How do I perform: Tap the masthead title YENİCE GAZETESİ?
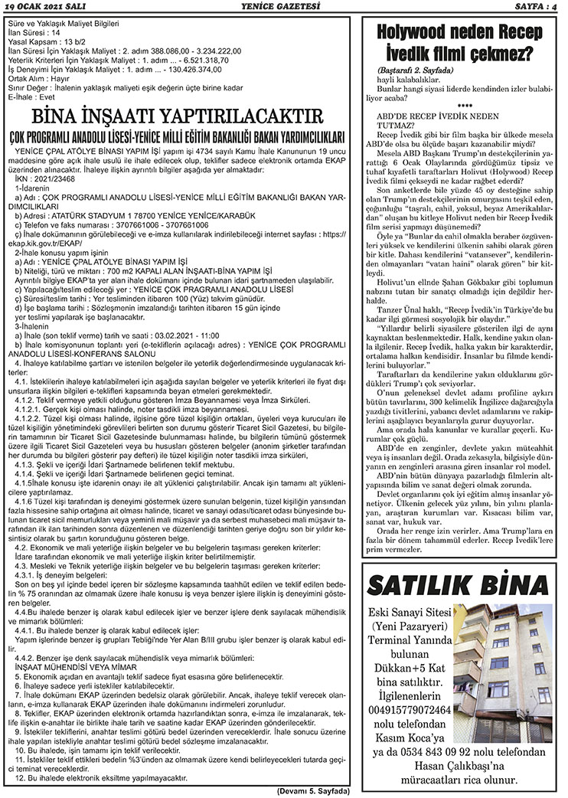tap(282, 6)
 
